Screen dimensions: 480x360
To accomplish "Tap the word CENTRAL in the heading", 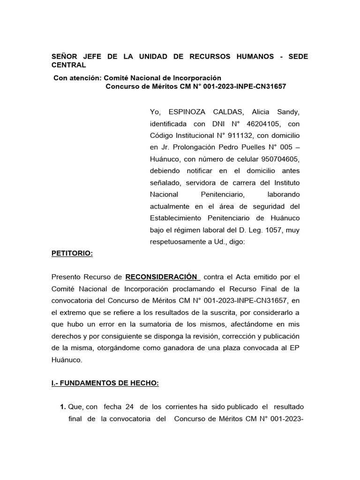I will (x=68, y=65).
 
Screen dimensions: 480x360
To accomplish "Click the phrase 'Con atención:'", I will (x=77, y=77).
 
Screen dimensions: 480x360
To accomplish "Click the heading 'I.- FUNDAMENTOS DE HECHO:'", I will (x=105, y=383).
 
